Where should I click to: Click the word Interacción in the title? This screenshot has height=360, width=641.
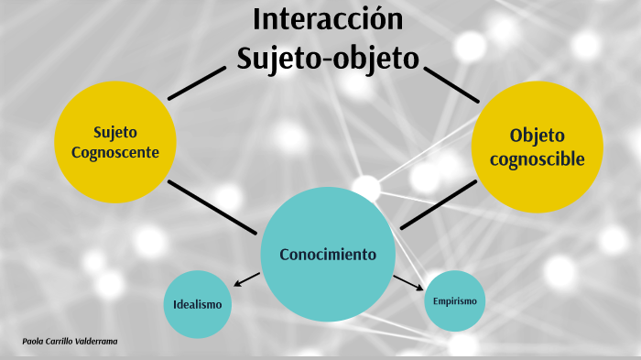(327, 19)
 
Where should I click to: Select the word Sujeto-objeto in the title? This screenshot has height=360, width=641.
(327, 57)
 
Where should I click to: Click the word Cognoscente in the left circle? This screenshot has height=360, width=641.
(114, 152)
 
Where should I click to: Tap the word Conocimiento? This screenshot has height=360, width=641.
(328, 254)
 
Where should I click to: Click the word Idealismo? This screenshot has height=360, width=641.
(196, 304)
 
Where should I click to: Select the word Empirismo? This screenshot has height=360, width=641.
(454, 300)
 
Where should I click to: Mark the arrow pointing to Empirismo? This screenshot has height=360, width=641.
(408, 280)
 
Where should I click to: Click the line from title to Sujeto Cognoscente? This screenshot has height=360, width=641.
(197, 82)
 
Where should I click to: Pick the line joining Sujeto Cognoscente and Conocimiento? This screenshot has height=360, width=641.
(212, 206)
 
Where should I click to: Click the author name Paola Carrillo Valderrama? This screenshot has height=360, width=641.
(70, 341)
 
